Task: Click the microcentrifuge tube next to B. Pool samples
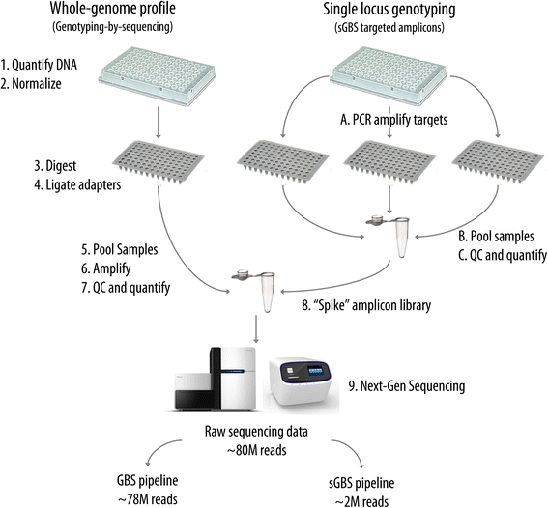[x=395, y=236]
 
